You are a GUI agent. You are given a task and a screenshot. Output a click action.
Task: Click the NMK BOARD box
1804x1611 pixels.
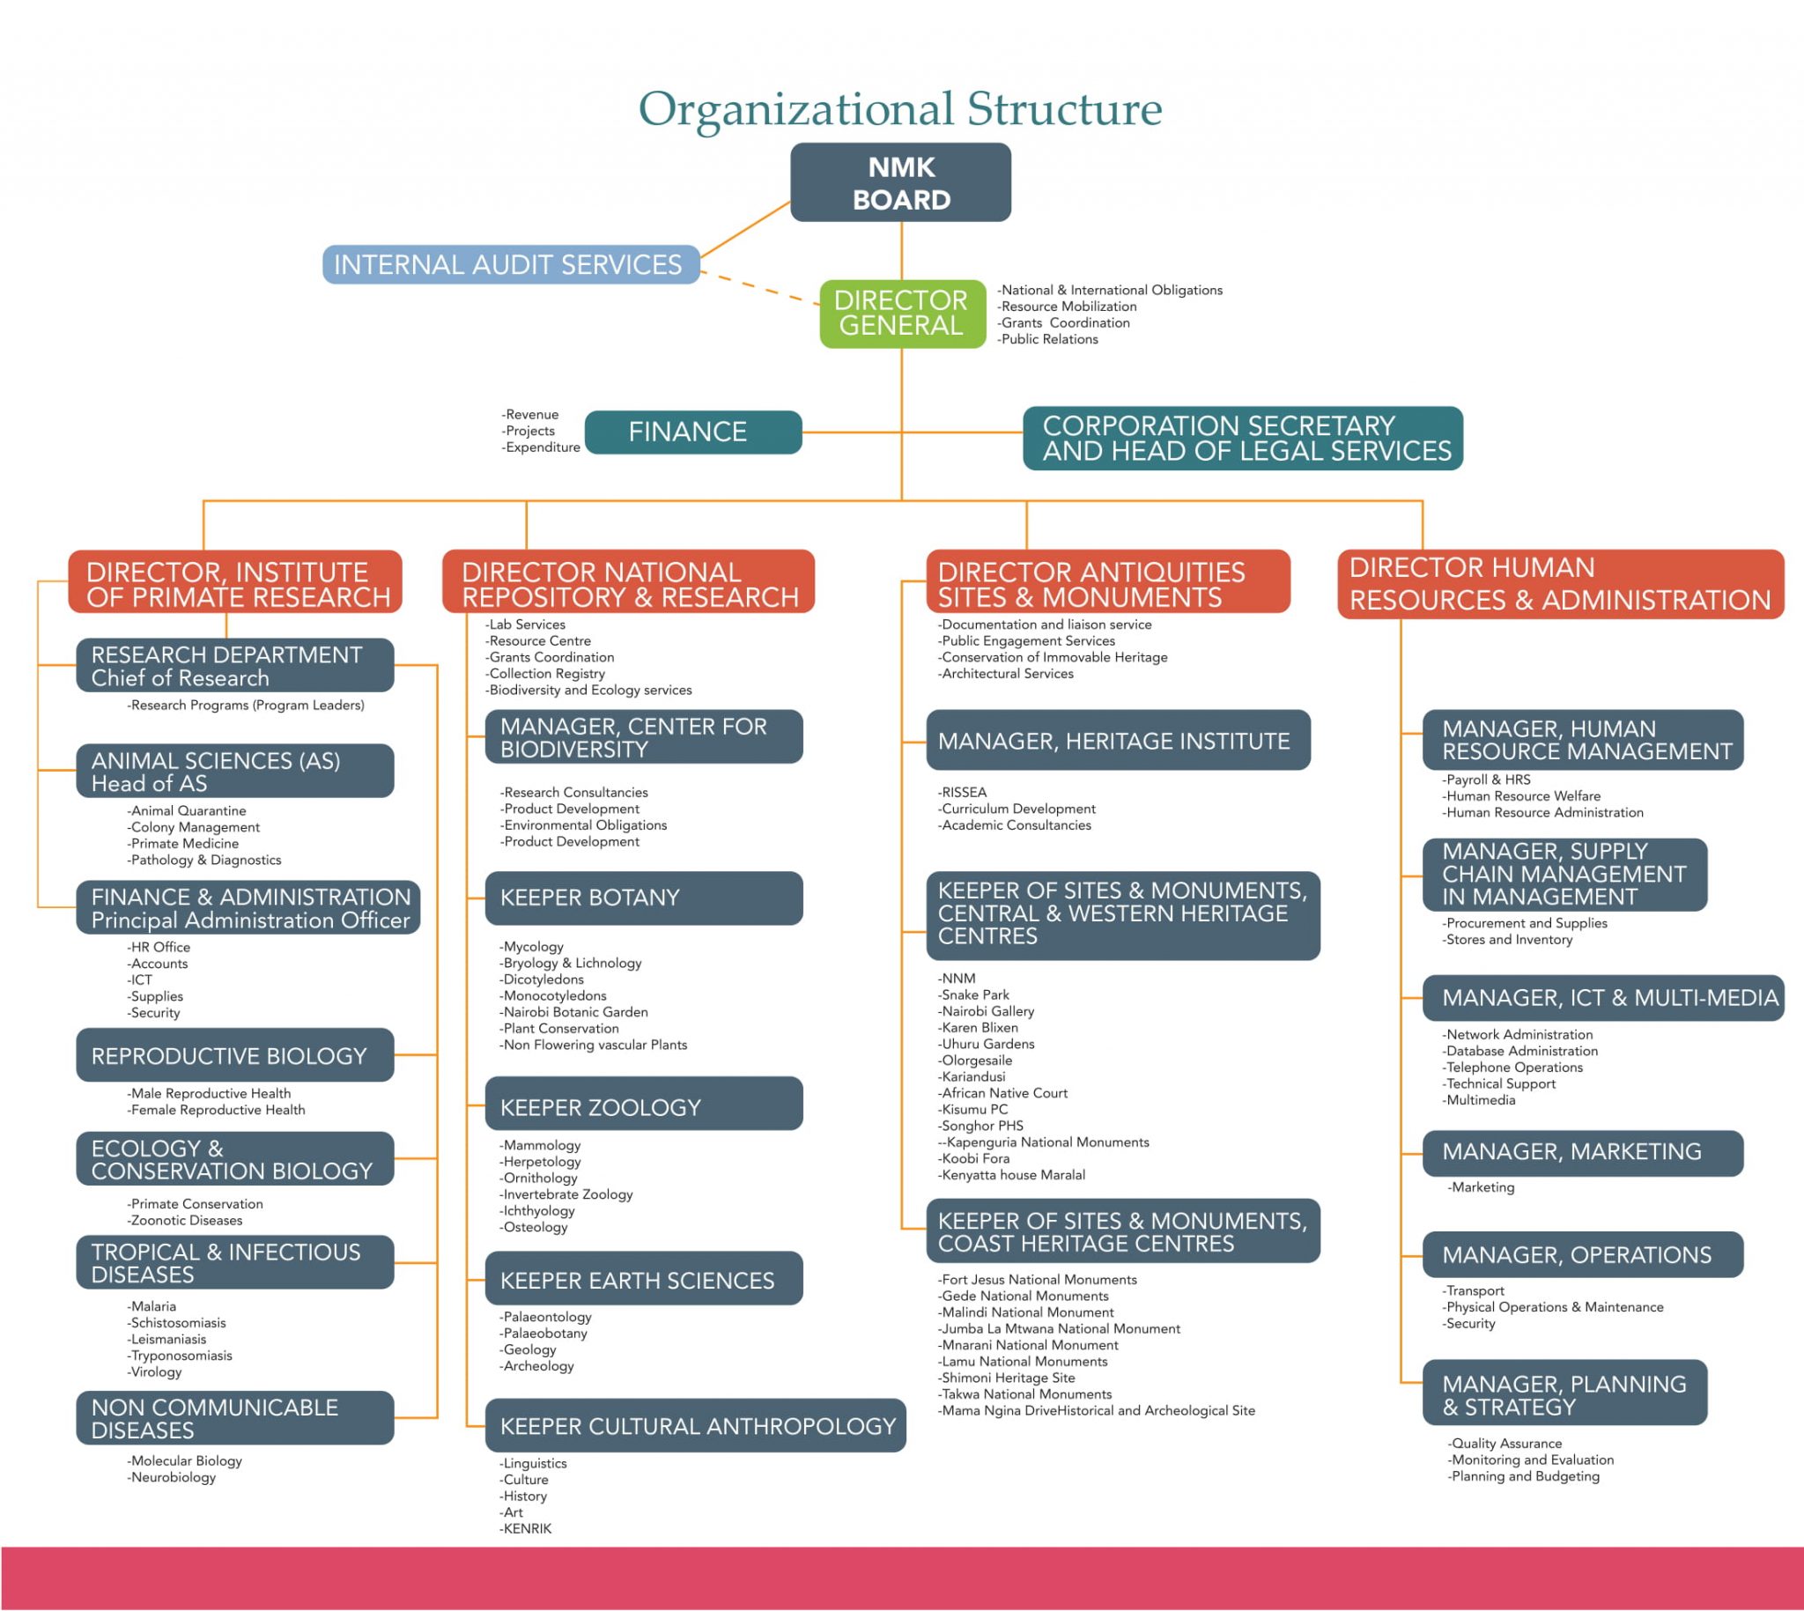click(x=900, y=182)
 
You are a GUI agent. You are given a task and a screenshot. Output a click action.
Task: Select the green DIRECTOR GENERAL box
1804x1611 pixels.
click(x=902, y=314)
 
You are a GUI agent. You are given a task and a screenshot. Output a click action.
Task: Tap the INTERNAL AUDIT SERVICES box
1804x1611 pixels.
click(x=510, y=264)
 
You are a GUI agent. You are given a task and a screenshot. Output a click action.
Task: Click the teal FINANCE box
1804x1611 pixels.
click(x=693, y=432)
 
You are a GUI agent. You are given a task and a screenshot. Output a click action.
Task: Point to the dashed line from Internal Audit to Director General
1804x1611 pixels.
click(x=759, y=289)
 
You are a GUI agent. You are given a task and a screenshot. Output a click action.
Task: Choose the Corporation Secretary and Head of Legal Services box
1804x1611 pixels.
click(x=1242, y=438)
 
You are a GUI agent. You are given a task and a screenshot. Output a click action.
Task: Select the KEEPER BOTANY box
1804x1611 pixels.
click(x=644, y=898)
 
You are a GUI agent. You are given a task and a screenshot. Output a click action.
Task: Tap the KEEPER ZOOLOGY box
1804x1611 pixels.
click(x=644, y=1106)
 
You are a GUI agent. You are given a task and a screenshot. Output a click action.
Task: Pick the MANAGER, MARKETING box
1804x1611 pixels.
click(x=1582, y=1151)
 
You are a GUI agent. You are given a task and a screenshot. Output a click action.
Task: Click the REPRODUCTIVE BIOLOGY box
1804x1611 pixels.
click(x=234, y=1055)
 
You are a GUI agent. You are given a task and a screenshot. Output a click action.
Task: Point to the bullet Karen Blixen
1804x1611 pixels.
click(x=980, y=1028)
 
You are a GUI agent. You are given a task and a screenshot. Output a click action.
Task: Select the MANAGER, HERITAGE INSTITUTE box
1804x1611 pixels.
click(x=1117, y=741)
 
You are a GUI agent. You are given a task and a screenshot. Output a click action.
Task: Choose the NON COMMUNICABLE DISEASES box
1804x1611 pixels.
click(x=234, y=1418)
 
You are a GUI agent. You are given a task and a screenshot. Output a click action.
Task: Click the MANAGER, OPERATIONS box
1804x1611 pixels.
click(x=1582, y=1254)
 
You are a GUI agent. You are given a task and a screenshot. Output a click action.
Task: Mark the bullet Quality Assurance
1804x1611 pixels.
click(x=1506, y=1444)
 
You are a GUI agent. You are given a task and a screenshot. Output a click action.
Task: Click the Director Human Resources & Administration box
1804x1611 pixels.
click(x=1560, y=584)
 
